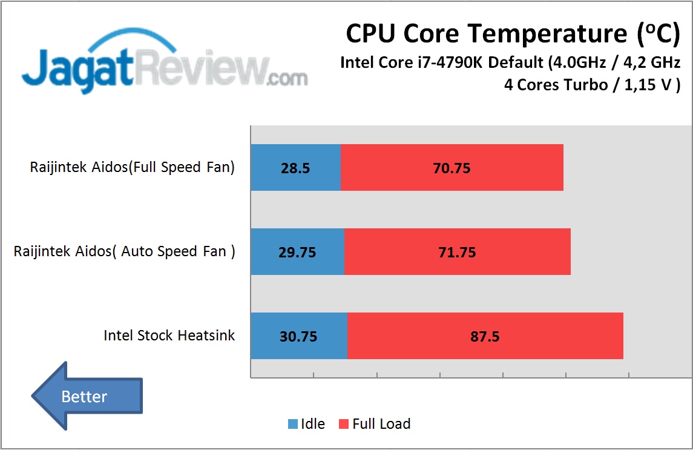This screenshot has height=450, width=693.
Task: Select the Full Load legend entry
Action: pyautogui.click(x=374, y=424)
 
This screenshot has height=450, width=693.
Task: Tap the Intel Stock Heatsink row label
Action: pyautogui.click(x=169, y=336)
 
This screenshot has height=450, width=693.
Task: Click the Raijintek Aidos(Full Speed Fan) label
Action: pyautogui.click(x=132, y=168)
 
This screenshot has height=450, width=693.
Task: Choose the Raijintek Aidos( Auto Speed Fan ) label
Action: pyautogui.click(x=125, y=252)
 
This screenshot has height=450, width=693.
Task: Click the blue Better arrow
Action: pyautogui.click(x=87, y=397)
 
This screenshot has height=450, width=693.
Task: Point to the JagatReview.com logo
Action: pyautogui.click(x=164, y=65)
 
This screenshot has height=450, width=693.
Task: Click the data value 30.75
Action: pyautogui.click(x=299, y=337)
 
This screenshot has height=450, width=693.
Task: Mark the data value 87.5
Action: pyautogui.click(x=485, y=337)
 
